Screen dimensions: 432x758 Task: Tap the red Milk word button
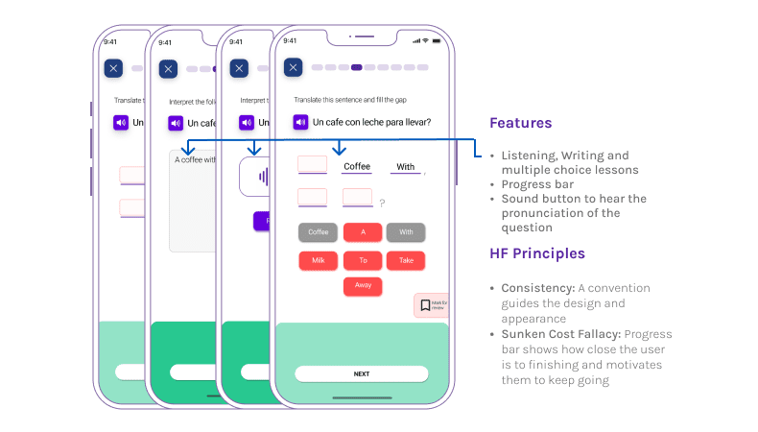(x=318, y=260)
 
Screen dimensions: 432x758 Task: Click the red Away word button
(x=362, y=286)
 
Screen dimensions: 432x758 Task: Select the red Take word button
(x=406, y=260)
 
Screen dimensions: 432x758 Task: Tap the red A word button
(x=362, y=231)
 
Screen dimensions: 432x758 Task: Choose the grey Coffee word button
(x=318, y=231)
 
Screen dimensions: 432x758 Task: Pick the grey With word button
(x=406, y=231)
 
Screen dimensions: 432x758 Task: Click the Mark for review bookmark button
(x=430, y=305)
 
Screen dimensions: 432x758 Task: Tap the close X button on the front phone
(x=294, y=68)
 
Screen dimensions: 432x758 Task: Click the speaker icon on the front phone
(x=300, y=122)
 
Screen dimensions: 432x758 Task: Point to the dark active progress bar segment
(x=357, y=68)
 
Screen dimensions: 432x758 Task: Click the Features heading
(x=520, y=123)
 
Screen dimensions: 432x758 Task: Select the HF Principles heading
(x=536, y=253)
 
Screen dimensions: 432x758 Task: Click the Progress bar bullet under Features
(x=536, y=184)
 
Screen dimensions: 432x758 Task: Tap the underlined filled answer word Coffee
(x=357, y=166)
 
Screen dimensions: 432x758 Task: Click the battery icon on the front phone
(x=440, y=40)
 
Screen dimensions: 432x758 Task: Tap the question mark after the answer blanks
(x=382, y=203)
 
